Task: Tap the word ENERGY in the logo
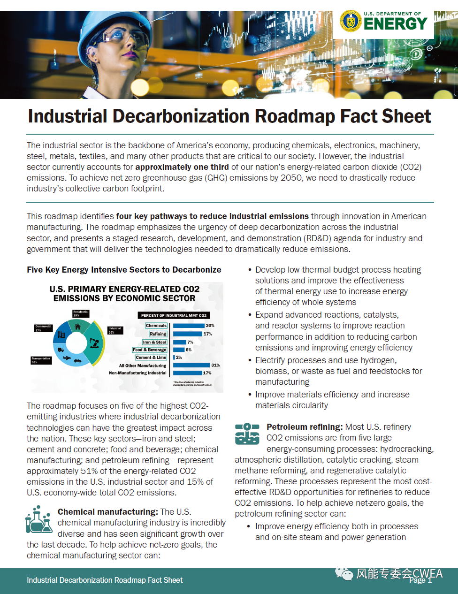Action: pos(395,24)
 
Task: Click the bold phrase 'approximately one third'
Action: pos(182,167)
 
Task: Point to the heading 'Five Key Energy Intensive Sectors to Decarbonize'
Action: pos(124,270)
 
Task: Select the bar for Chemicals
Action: pos(189,326)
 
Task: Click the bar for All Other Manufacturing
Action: pos(191,365)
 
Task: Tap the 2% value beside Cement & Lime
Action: pos(179,358)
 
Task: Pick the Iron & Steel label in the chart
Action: pos(154,342)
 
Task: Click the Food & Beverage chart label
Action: pos(149,350)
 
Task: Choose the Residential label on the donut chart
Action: pos(81,313)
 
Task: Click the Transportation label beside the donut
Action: pos(41,360)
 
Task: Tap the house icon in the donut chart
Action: pos(78,327)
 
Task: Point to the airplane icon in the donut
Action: pos(66,358)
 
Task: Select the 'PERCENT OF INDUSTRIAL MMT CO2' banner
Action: pos(173,315)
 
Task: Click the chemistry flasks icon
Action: pos(38,519)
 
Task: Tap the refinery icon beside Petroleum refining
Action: pos(247,434)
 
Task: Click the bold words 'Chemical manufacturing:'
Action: pos(107,512)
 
